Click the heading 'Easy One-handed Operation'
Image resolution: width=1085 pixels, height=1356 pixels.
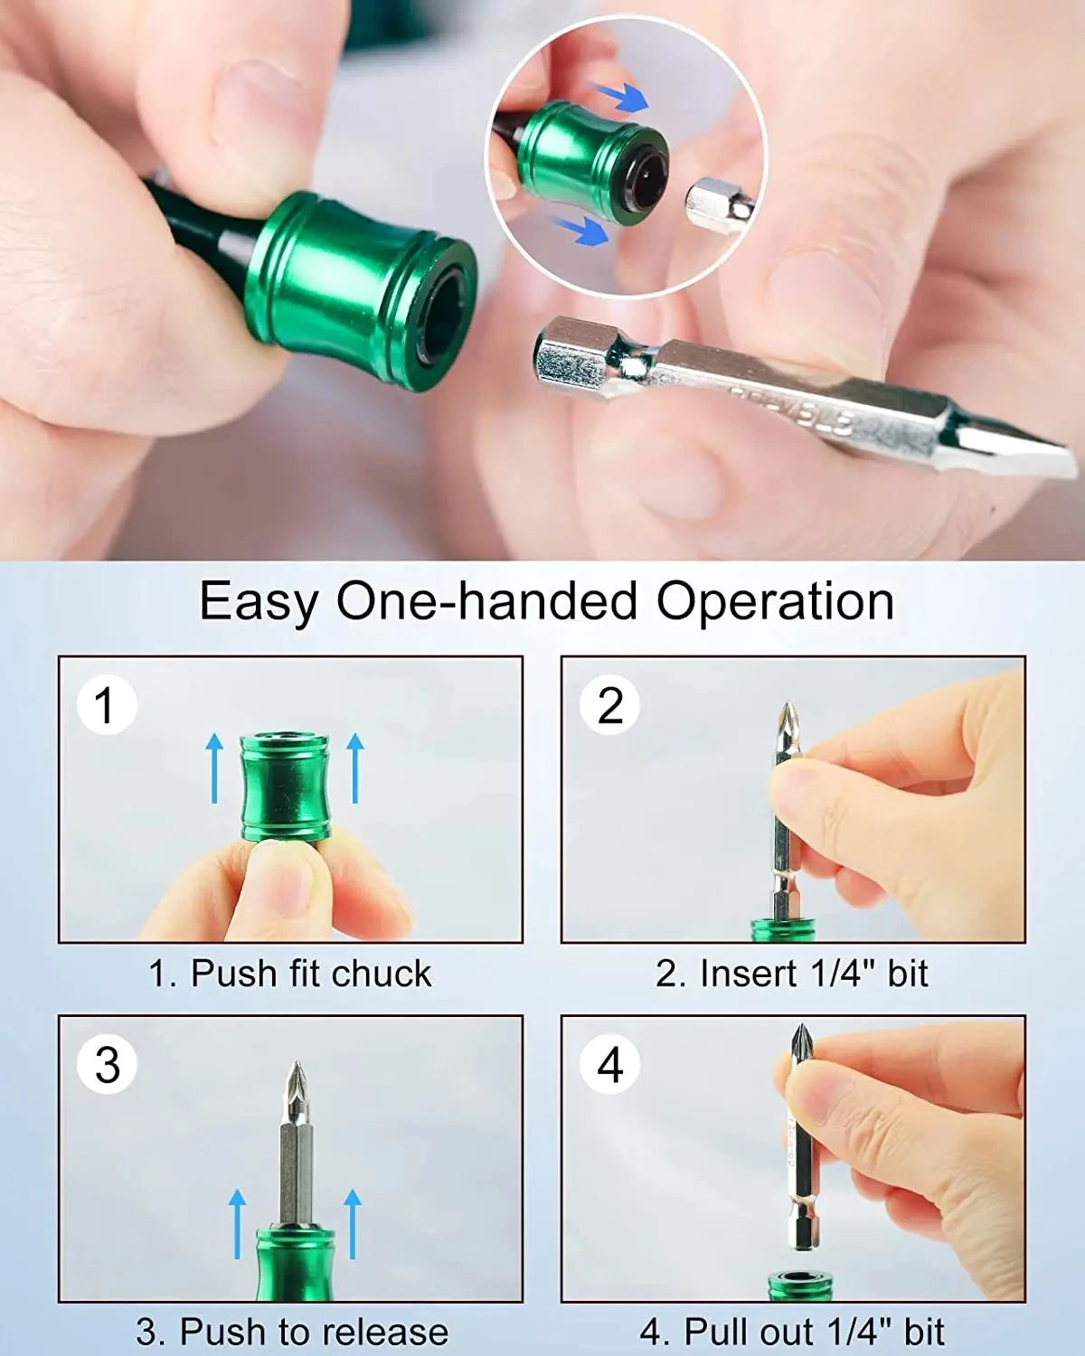(546, 601)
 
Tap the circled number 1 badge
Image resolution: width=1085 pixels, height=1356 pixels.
(107, 705)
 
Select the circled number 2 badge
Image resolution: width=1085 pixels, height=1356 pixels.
(610, 705)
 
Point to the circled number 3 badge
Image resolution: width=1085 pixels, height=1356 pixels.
(107, 1064)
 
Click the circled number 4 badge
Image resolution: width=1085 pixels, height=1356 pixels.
(610, 1064)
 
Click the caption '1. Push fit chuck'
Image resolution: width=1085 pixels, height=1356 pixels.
(290, 974)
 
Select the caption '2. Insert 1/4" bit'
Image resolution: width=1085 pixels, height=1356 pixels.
(792, 974)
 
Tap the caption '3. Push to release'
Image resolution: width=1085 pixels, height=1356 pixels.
(292, 1332)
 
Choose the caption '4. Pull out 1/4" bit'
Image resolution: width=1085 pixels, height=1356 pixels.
(792, 1332)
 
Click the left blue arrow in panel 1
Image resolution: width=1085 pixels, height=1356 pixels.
(214, 767)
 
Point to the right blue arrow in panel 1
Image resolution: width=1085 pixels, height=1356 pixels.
(355, 767)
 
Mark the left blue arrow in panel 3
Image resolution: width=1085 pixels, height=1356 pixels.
(237, 1223)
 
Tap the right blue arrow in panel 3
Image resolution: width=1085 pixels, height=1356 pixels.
(353, 1223)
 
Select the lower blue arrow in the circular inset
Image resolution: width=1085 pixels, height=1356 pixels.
(580, 230)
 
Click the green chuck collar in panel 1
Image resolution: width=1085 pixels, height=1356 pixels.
(285, 786)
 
